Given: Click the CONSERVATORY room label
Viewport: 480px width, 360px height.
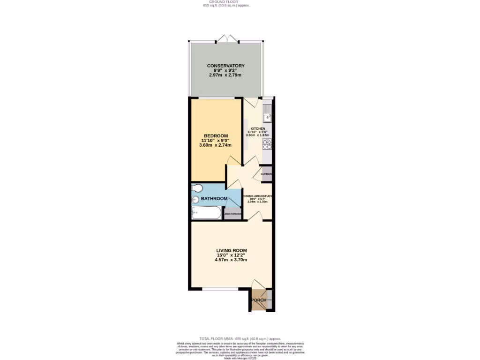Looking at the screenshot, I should tap(226, 66).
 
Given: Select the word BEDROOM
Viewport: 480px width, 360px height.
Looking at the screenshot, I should tap(215, 136).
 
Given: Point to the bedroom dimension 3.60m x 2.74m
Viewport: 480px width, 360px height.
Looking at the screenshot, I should tap(215, 145).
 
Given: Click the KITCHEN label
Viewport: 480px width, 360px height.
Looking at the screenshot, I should tap(257, 129).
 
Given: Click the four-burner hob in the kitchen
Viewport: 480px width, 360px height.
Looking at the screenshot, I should tap(267, 144).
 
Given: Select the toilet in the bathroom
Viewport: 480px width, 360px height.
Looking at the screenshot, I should tap(197, 188).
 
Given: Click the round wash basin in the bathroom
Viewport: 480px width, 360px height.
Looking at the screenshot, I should tap(195, 200).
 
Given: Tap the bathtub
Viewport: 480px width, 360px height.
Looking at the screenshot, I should tap(206, 213).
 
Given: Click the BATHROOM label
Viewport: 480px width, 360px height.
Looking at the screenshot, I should tap(214, 199).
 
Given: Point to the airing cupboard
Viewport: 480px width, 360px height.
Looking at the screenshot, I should tap(232, 214).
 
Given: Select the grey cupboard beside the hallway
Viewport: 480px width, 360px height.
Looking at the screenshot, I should tap(267, 173).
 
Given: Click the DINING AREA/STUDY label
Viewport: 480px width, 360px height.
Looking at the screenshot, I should tap(257, 196).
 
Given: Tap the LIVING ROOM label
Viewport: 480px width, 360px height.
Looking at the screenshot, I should tap(228, 250).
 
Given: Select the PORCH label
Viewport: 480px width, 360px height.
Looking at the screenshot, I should tap(259, 300).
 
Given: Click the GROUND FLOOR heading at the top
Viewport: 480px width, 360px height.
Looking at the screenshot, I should tap(226, 2).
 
